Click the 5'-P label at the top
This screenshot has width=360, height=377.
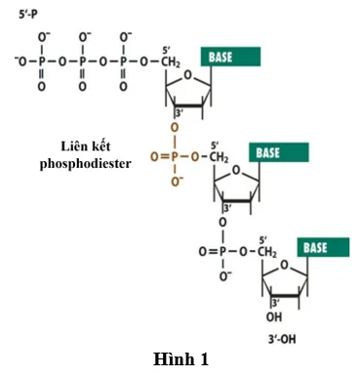tap(28, 15)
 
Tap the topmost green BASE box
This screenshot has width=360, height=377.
tap(230, 57)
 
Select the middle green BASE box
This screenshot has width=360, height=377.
tap(279, 152)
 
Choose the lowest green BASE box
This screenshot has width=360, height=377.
tap(323, 247)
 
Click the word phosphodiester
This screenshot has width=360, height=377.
tap(86, 163)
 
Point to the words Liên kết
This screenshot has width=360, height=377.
tap(86, 147)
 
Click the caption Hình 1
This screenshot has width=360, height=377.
tap(180, 359)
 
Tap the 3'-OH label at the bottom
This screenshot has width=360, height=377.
tap(282, 339)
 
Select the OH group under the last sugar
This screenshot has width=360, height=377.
tap(274, 316)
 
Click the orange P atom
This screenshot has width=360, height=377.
tap(175, 157)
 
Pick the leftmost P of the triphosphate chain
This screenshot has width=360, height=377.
tap(42, 62)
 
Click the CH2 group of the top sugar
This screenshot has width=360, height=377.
tap(171, 62)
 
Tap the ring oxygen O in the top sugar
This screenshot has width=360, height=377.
tap(188, 75)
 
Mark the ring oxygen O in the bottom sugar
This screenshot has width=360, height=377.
tap(285, 266)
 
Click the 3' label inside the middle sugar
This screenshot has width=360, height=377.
tap(227, 208)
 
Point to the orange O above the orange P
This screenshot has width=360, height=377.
tap(175, 128)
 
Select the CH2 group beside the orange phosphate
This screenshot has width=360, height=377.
tap(219, 157)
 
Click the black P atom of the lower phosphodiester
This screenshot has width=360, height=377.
tap(222, 252)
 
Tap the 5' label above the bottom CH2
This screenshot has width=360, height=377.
tap(263, 240)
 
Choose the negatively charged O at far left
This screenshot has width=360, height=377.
tap(20, 62)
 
